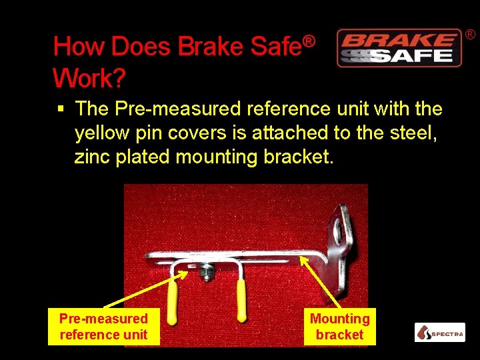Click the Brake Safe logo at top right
pyautogui.click(x=399, y=48)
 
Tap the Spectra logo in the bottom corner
pyautogui.click(x=439, y=333)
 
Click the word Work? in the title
pyautogui.click(x=89, y=79)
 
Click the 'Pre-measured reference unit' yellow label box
pyautogui.click(x=103, y=327)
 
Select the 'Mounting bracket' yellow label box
pyautogui.click(x=340, y=327)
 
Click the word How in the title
pyautogui.click(x=80, y=47)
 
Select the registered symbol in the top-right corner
pyautogui.click(x=470, y=34)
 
